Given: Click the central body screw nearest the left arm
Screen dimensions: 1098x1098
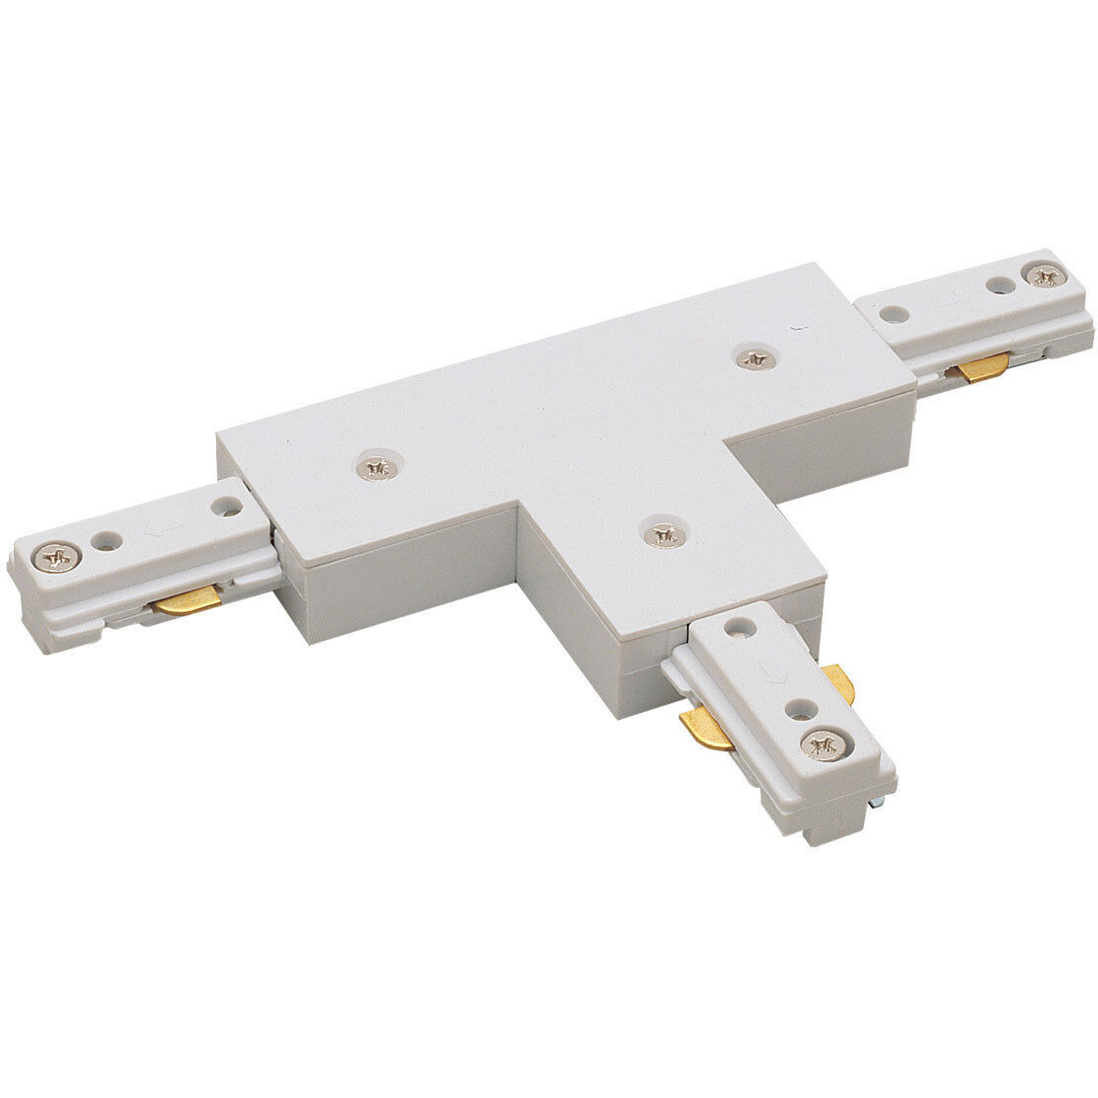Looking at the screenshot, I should (x=374, y=466).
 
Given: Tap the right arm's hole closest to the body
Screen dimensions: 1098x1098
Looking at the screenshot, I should (x=894, y=314).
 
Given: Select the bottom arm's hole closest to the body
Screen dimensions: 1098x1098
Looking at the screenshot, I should (x=738, y=624).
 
